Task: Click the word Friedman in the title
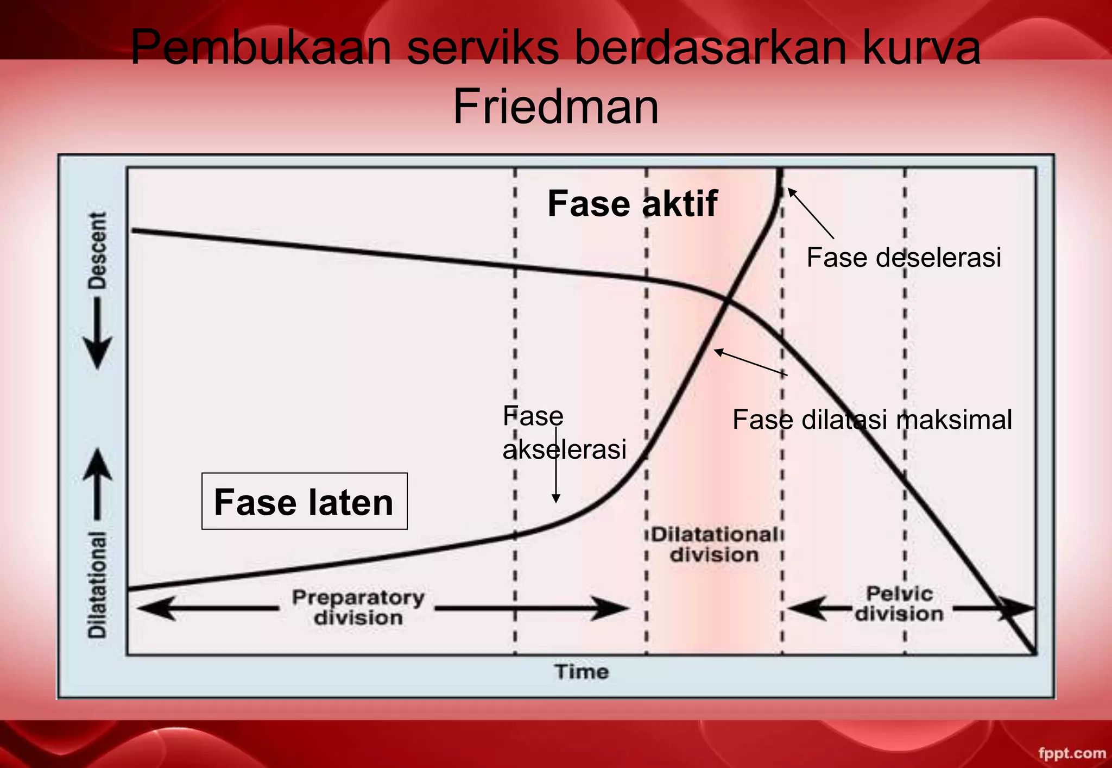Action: point(555,106)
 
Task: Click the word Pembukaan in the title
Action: point(261,48)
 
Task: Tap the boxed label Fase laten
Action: point(304,501)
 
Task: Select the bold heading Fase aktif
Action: point(632,204)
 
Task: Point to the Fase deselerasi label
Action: point(903,257)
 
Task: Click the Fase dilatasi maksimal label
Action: point(872,420)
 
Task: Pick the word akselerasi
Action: point(564,449)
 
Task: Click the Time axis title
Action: point(582,672)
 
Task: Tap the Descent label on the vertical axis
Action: point(98,251)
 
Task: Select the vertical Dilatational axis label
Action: point(98,584)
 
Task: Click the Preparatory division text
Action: point(358,607)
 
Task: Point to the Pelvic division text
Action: point(899,603)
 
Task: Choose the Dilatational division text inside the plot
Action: point(714,544)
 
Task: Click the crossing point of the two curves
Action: point(726,301)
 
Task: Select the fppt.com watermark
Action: point(1071,753)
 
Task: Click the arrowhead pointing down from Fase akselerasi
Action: point(555,498)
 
